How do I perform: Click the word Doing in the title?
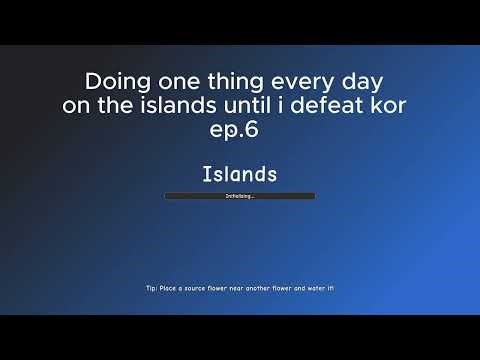click(112, 79)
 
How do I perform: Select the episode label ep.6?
click(240, 131)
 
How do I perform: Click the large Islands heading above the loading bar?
click(240, 174)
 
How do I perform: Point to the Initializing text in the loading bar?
click(240, 196)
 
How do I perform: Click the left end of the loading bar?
click(167, 196)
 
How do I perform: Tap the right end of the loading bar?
click(313, 196)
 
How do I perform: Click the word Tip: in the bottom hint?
click(151, 287)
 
